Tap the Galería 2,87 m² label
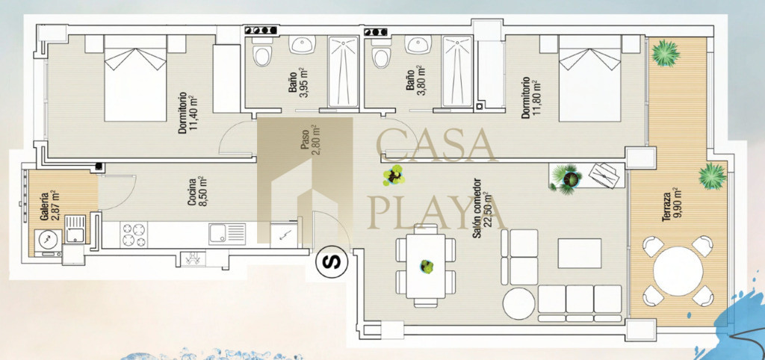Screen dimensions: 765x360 tap(49, 205)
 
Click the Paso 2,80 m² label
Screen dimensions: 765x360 tap(310, 140)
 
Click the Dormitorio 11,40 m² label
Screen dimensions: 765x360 tap(188, 113)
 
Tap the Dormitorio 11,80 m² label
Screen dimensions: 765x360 tap(531, 97)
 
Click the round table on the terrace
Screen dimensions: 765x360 tap(678, 270)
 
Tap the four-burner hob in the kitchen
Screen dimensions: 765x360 tap(134, 234)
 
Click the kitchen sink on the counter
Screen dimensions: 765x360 tap(227, 234)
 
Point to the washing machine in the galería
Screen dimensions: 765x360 tap(48, 240)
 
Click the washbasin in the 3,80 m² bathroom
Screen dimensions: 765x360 tap(418, 45)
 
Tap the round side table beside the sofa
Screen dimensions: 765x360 tap(518, 303)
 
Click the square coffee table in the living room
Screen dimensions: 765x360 tap(580, 252)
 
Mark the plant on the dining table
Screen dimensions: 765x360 tap(427, 267)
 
